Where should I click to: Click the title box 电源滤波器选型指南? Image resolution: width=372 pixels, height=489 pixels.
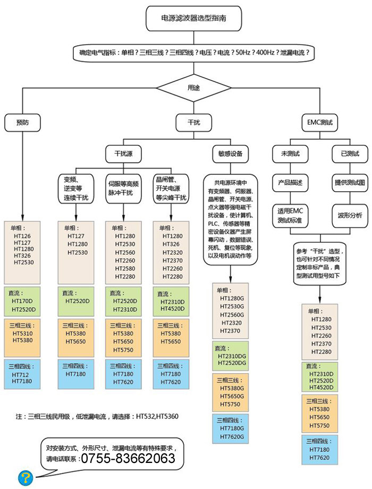[193, 19]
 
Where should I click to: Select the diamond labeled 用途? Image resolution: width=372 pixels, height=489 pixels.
[193, 88]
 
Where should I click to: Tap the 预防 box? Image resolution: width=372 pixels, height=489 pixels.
[22, 123]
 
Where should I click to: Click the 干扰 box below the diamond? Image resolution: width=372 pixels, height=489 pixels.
[193, 123]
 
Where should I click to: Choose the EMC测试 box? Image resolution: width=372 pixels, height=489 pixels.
[320, 123]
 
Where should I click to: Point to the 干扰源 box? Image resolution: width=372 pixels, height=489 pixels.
[123, 154]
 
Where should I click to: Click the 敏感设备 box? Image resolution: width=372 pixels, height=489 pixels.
[231, 154]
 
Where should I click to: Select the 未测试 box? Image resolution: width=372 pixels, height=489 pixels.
[290, 154]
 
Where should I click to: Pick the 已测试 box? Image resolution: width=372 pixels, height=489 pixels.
[350, 154]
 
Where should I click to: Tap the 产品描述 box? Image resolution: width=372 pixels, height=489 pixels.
[290, 183]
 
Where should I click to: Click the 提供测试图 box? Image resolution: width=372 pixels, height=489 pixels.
[350, 183]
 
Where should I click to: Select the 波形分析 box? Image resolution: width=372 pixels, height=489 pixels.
[350, 215]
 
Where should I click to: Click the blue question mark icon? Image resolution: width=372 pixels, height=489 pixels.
[26, 477]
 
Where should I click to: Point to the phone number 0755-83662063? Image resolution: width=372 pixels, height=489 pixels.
[128, 458]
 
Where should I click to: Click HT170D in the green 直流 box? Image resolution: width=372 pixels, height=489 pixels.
[22, 301]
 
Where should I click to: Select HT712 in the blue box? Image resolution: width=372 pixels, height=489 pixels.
[20, 375]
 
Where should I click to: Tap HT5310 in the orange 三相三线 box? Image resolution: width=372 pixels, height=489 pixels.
[22, 333]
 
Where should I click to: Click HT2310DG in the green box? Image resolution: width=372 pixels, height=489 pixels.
[232, 356]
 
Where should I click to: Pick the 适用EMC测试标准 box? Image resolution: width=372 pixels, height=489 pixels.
[290, 215]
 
